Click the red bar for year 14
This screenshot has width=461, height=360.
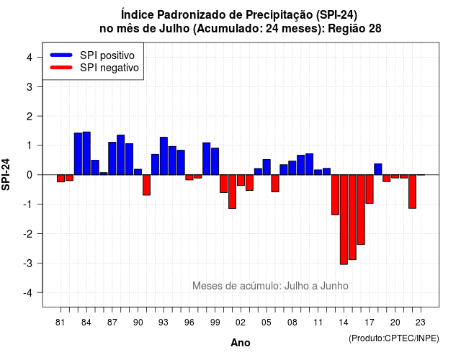[344, 220]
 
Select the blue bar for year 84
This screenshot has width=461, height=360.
[86, 153]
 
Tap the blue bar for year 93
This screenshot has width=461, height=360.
[164, 156]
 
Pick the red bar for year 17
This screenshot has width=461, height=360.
[370, 189]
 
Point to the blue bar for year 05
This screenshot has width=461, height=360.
[267, 167]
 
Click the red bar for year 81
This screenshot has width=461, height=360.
[61, 179]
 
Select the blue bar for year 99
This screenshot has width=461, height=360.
[215, 161]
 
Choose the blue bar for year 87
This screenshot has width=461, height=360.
[112, 158]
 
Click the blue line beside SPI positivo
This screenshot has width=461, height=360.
[61, 55]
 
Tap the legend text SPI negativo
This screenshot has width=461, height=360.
[109, 68]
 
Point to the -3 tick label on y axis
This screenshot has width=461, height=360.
[29, 264]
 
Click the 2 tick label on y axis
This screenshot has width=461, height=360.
[30, 117]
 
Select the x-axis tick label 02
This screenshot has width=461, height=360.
[241, 323]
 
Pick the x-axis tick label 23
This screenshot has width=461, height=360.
[421, 323]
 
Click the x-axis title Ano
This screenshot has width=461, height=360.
[241, 343]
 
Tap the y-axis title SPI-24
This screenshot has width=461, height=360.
[6, 174]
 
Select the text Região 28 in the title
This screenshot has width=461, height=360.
[354, 29]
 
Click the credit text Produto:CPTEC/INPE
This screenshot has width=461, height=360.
[394, 338]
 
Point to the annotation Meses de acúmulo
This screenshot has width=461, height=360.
[237, 286]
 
